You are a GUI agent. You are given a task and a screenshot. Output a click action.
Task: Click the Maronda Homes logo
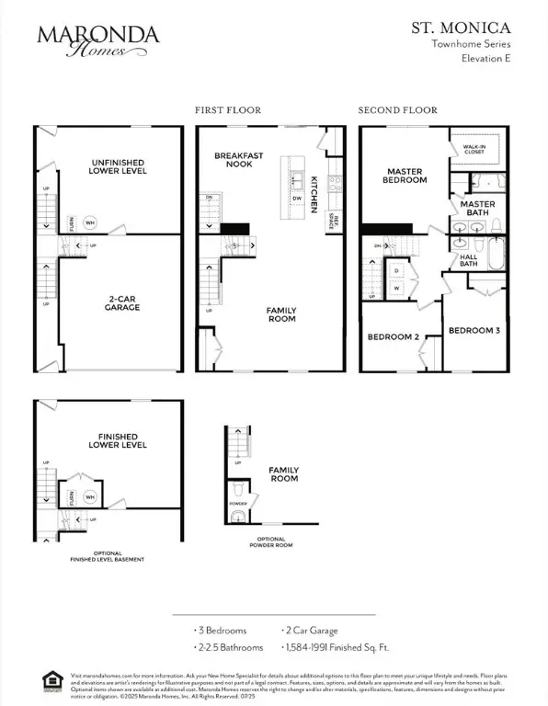coord(97,40)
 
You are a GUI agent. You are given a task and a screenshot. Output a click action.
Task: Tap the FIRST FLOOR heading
coord(227,109)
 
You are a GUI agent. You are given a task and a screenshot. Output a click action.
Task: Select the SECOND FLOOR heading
coord(397,109)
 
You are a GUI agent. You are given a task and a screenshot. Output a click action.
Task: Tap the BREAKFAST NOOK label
coord(239,160)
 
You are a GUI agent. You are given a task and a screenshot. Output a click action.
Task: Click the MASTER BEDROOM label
coord(405,176)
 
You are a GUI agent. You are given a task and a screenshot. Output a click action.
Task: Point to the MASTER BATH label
coord(477,209)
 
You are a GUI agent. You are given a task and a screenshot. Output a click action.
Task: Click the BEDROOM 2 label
coord(394,337)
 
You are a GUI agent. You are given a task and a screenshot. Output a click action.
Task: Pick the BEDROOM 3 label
coord(474,330)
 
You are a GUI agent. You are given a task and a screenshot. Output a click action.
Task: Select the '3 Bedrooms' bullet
coord(221,632)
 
